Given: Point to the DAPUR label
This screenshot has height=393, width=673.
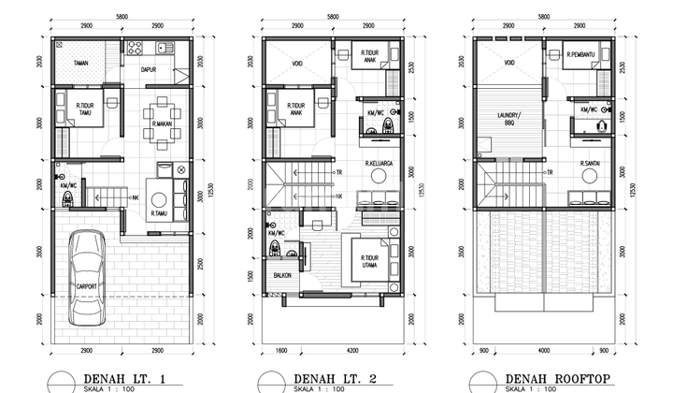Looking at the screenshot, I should (148, 69).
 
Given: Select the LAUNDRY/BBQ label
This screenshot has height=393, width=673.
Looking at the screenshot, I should (509, 118).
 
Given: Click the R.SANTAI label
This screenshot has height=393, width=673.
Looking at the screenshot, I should (591, 164).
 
